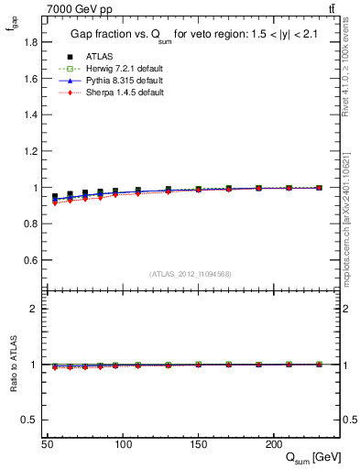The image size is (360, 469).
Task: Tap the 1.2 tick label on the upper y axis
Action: [x=31, y=151]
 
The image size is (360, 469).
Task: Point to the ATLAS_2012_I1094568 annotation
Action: [x=191, y=274]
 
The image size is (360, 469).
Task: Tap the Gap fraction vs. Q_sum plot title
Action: [x=191, y=35]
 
